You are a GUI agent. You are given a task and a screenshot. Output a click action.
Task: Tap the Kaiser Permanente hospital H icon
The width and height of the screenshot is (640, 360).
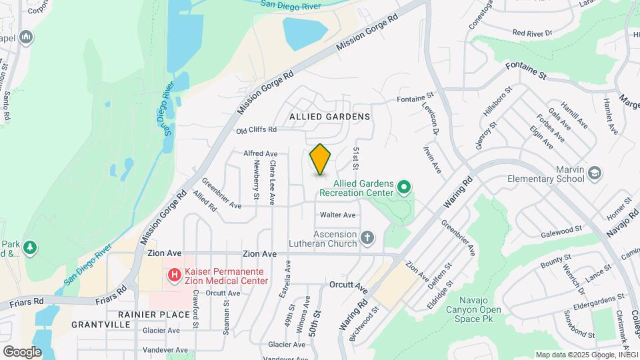click(174, 275)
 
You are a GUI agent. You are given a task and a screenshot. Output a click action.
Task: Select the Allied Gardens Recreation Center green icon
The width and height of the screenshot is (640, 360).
click(403, 187)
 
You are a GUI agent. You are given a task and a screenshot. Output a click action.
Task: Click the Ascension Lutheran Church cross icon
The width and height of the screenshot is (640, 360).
click(367, 237)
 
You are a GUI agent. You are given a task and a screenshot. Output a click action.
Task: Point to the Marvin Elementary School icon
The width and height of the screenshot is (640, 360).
click(593, 173)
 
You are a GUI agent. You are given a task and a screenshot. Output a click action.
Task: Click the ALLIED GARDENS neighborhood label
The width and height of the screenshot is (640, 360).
click(329, 117)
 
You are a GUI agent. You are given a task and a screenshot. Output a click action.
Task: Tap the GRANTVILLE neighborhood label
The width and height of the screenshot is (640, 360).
click(101, 325)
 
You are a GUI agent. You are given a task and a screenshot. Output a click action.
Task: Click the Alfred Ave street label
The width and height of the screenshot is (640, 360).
click(261, 153)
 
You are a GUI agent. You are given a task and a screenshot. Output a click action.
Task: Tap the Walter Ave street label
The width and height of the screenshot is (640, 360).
click(338, 215)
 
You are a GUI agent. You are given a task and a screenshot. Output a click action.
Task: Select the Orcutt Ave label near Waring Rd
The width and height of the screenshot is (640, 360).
click(349, 286)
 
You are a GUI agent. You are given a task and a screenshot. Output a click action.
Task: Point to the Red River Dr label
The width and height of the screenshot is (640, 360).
click(533, 33)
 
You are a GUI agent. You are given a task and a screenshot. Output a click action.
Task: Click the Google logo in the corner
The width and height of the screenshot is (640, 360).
click(22, 351)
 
